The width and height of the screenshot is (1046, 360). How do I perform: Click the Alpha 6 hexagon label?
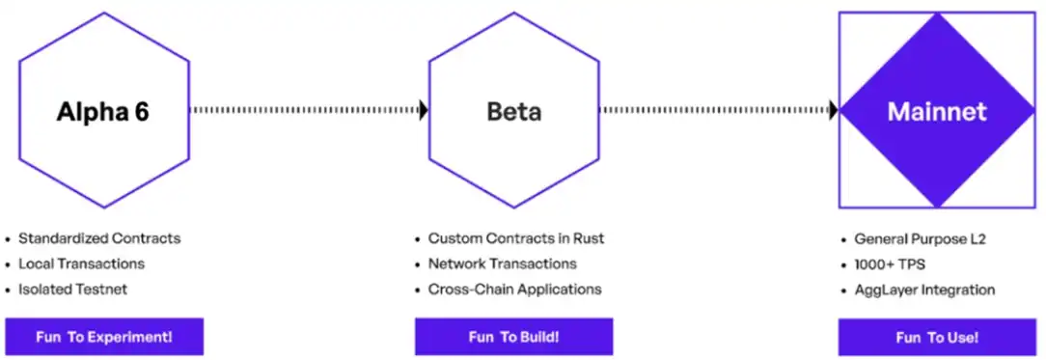pyautogui.click(x=102, y=111)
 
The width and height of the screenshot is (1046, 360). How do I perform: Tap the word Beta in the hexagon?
pyautogui.click(x=513, y=111)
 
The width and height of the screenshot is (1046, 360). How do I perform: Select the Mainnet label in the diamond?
pyautogui.click(x=937, y=111)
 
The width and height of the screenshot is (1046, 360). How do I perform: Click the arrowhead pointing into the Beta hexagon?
pyautogui.click(x=424, y=110)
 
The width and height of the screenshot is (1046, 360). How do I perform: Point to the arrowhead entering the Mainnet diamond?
pyautogui.click(x=833, y=110)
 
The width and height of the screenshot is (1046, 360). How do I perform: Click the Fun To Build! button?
pyautogui.click(x=513, y=337)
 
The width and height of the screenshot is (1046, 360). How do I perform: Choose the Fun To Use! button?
pyautogui.click(x=937, y=338)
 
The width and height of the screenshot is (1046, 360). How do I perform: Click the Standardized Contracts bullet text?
pyautogui.click(x=99, y=238)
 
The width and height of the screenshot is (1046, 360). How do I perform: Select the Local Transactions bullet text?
pyautogui.click(x=81, y=263)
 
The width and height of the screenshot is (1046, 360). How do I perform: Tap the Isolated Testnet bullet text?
pyautogui.click(x=72, y=290)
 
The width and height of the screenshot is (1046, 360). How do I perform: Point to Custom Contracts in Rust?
pyautogui.click(x=516, y=238)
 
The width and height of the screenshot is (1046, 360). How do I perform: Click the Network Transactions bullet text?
pyautogui.click(x=503, y=263)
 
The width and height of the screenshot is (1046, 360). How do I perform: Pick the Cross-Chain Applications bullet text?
pyautogui.click(x=515, y=290)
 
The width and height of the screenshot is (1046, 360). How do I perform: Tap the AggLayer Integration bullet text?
pyautogui.click(x=924, y=290)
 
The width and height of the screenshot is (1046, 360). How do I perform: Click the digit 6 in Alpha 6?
pyautogui.click(x=141, y=111)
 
